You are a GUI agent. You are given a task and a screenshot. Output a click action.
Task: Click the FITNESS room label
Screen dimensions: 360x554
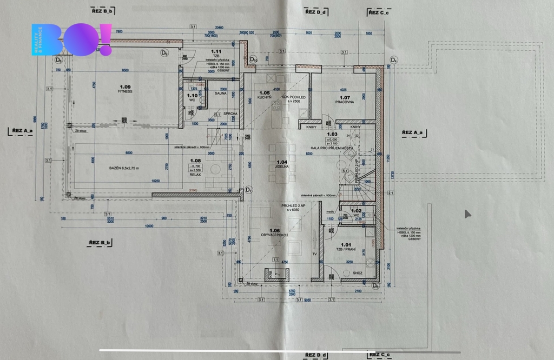126,91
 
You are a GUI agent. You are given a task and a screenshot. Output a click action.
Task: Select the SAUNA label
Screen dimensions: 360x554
220,94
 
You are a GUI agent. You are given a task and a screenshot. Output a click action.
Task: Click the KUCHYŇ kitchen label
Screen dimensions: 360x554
264,97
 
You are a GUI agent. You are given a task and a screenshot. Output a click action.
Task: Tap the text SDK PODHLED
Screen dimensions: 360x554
294,96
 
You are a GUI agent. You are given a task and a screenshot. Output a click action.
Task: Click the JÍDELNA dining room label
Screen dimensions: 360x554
281,166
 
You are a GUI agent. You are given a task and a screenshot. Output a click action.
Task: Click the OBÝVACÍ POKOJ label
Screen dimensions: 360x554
274,236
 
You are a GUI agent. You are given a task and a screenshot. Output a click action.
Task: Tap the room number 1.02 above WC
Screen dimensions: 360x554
356,210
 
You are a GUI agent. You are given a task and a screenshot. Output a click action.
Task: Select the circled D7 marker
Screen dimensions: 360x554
248,189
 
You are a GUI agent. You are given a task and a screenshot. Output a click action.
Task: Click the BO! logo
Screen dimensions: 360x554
72,40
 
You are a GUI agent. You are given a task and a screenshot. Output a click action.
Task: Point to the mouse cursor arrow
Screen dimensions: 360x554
467,214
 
